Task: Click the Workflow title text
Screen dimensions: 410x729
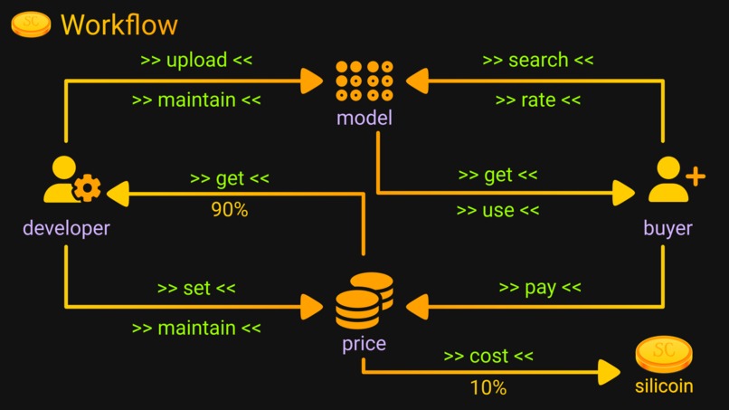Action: tap(118, 24)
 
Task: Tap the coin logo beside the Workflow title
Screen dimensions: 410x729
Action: tap(31, 24)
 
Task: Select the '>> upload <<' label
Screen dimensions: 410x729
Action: tap(196, 61)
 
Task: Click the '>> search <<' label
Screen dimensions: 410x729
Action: tap(538, 61)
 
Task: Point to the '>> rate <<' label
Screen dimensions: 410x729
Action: tap(538, 100)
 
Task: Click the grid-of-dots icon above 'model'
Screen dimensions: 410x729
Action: tap(364, 81)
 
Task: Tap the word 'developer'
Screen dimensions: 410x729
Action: tap(66, 228)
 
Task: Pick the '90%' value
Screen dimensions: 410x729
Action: tap(229, 210)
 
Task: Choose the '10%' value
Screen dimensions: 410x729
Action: tap(488, 388)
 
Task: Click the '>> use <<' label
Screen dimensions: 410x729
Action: tap(497, 210)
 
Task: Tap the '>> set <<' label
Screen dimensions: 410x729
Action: tap(196, 289)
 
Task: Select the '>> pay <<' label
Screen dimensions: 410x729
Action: tap(540, 289)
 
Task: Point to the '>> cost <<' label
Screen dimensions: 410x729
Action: tap(488, 357)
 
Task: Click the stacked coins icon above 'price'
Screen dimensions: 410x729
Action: tap(364, 301)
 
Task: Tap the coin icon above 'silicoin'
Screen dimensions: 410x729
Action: tap(663, 355)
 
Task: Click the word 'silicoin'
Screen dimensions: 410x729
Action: tap(663, 386)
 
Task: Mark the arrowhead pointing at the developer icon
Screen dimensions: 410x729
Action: tap(118, 192)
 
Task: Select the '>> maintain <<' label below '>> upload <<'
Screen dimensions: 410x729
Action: tap(196, 100)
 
